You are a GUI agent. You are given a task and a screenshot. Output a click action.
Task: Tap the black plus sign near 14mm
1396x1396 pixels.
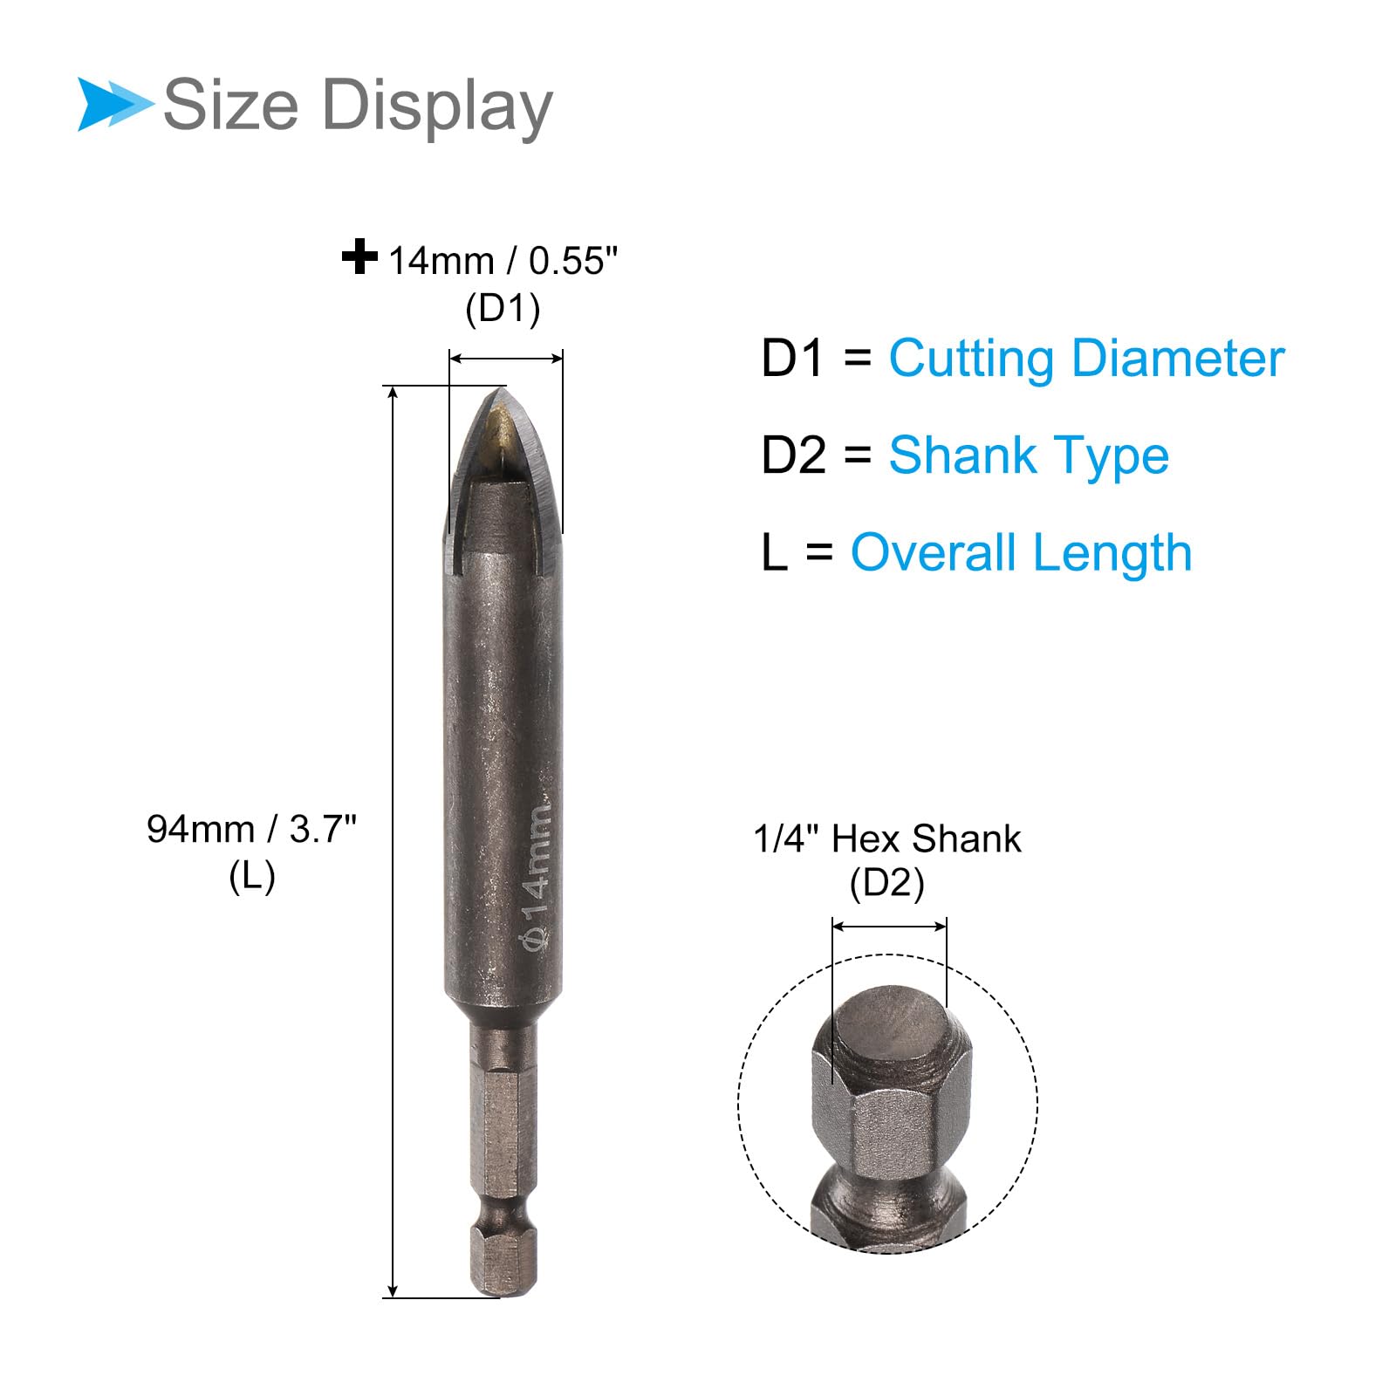tap(359, 257)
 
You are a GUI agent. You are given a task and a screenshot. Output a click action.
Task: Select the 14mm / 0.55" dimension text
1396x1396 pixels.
tap(503, 261)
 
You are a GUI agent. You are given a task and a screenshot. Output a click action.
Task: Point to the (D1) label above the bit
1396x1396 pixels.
tap(503, 309)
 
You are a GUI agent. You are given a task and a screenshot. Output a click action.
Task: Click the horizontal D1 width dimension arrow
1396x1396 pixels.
tap(506, 358)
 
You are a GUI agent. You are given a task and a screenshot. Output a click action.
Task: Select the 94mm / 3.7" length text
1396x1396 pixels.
tap(251, 829)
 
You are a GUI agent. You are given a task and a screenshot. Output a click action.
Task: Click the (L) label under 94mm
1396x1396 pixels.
tap(252, 877)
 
